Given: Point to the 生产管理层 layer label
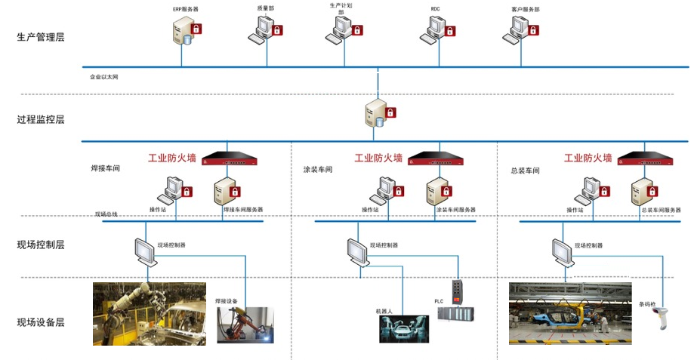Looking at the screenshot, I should (x=41, y=37).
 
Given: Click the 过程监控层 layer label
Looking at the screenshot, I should (x=41, y=119).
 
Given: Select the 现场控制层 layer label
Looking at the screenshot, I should (x=41, y=245).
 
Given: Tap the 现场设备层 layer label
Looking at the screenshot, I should (x=41, y=322).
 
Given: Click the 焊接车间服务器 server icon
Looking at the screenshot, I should (x=224, y=191).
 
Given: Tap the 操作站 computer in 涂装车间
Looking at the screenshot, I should (x=387, y=189).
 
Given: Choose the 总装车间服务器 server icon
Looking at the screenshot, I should (x=640, y=191).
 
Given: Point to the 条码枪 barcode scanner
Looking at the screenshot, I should (x=662, y=318).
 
